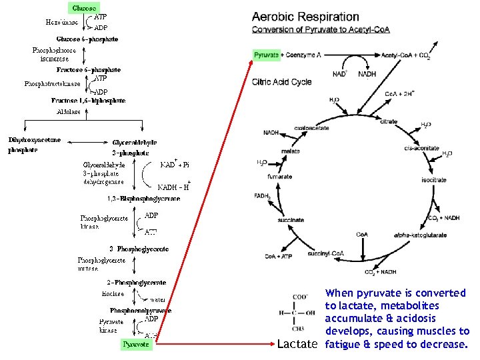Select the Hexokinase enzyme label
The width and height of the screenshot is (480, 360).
tap(62, 22)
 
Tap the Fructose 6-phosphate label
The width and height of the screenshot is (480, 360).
tap(89, 69)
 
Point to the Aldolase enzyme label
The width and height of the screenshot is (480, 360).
tap(69, 111)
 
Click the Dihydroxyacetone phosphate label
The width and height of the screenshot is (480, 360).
tap(34, 145)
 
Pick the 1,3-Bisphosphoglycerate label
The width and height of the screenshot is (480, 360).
tap(143, 199)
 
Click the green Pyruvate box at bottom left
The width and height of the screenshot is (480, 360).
tap(137, 345)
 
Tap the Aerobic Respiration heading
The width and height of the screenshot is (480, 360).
tap(305, 17)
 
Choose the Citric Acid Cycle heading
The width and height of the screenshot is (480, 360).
tap(282, 82)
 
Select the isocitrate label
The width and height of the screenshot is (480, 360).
tap(433, 181)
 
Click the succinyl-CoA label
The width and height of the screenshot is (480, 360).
tap(325, 253)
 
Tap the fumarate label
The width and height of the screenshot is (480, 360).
tap(280, 177)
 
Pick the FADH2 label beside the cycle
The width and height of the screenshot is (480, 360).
tap(263, 196)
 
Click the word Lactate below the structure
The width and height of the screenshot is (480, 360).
tap(297, 345)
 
